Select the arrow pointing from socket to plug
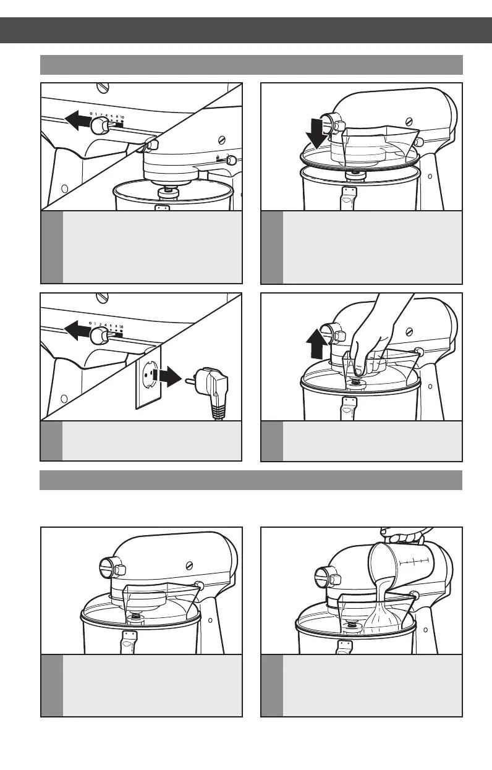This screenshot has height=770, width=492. [168, 376]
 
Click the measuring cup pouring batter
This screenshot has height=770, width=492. [396, 563]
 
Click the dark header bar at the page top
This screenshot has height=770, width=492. [246, 30]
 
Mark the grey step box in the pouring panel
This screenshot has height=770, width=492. [272, 685]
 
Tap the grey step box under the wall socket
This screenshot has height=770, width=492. [51, 441]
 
